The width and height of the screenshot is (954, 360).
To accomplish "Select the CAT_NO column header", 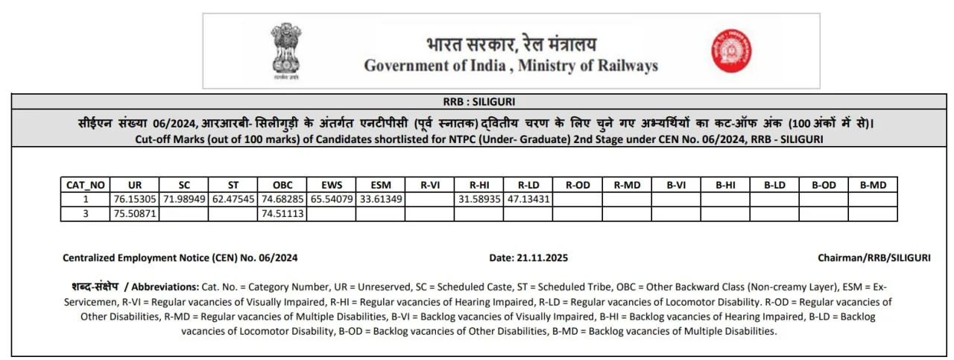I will coord(86,185).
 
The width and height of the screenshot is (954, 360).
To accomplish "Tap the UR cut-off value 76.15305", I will coord(135,200).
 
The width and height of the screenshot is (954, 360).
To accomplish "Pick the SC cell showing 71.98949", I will coord(184,200).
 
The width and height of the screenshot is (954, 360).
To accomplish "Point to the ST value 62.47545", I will coord(233,200).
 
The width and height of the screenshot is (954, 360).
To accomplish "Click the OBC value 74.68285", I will coord(282,200).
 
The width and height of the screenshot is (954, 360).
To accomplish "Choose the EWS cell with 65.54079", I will coord(331,200).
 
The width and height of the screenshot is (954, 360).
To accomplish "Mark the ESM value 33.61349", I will coord(380,200).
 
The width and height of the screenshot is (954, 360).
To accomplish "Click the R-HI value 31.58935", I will coord(478,200).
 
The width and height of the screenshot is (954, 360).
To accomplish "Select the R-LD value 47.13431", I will coord(528,200).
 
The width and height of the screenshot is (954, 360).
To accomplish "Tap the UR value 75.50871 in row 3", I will coord(135,214).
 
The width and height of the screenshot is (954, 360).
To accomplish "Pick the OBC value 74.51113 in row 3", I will coord(282,214).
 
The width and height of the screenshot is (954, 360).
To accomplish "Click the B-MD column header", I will coord(873,185).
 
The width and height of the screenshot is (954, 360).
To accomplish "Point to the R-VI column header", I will coord(429,185).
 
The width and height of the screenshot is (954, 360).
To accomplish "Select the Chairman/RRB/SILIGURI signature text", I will coord(874,258).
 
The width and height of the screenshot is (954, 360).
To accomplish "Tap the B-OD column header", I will coord(824,185).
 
